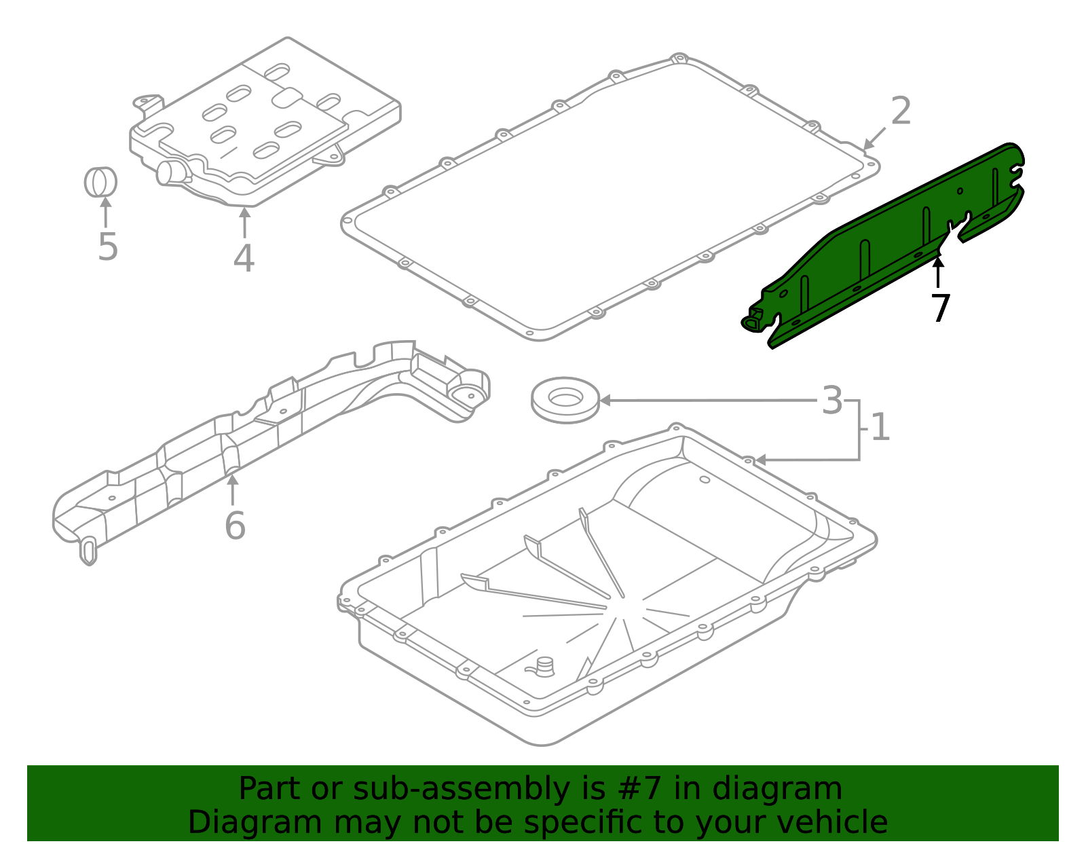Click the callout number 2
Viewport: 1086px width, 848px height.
click(x=900, y=111)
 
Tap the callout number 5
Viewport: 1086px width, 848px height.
click(x=107, y=247)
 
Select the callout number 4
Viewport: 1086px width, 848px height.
click(x=244, y=259)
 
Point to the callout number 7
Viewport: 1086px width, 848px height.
click(x=940, y=309)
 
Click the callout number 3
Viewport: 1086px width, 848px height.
click(x=831, y=401)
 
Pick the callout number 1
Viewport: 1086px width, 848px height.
click(x=880, y=428)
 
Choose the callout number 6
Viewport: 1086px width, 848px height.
click(x=235, y=526)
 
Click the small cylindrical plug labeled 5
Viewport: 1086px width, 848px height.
click(x=100, y=182)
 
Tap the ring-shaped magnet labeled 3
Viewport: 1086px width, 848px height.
click(x=565, y=401)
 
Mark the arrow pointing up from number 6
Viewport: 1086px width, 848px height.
click(x=233, y=489)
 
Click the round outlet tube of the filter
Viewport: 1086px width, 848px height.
click(x=167, y=172)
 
